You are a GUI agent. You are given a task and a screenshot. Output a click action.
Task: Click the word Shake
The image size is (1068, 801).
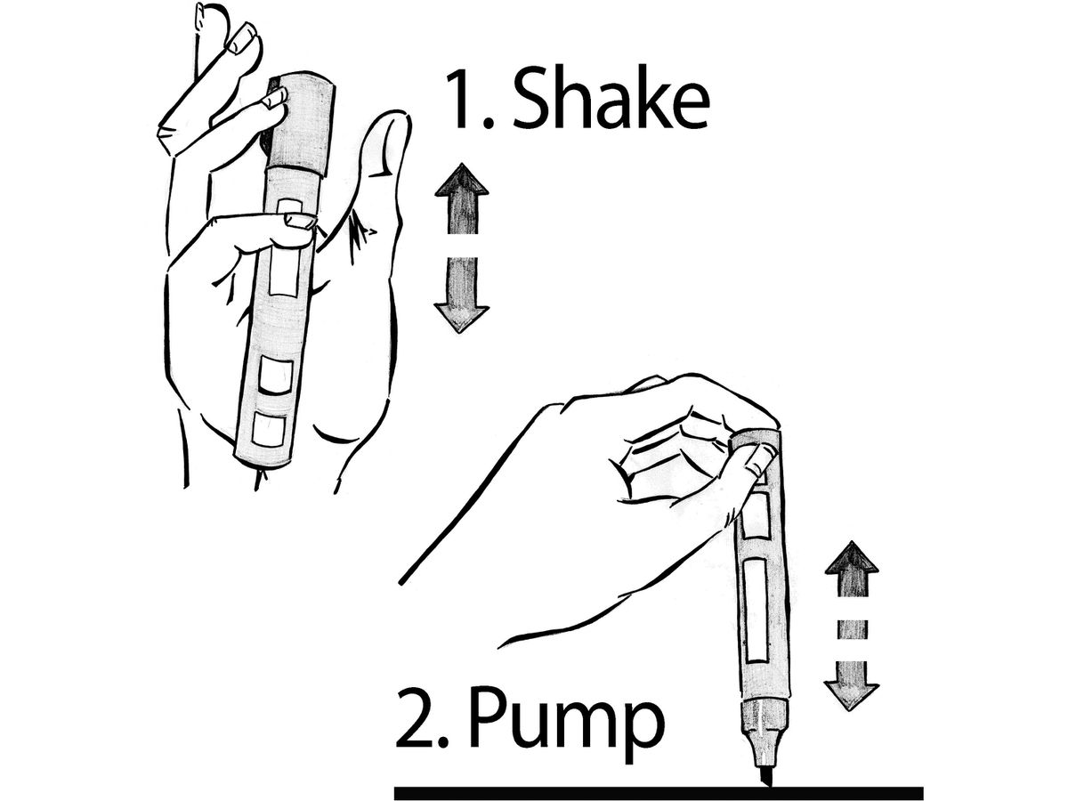point(611,100)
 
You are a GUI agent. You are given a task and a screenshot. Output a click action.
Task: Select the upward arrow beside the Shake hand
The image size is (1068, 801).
point(461,198)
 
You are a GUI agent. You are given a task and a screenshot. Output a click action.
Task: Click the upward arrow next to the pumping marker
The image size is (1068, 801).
point(852,570)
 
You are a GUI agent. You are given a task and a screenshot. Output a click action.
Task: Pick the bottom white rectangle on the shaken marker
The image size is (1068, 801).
point(269,429)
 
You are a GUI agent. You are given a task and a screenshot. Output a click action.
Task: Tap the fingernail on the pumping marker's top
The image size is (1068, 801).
point(757,460)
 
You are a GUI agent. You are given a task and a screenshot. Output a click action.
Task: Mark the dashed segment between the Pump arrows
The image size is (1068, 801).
point(852,630)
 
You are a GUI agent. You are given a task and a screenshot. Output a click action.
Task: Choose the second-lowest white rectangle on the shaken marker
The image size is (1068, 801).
point(274,375)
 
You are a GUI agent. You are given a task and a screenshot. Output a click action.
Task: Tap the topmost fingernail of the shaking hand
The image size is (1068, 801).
point(243,39)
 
